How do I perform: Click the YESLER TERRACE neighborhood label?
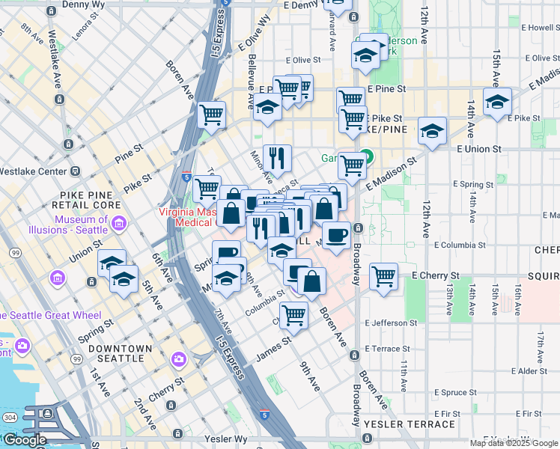(410, 424)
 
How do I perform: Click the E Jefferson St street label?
(391, 323)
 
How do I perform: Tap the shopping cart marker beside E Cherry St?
(383, 275)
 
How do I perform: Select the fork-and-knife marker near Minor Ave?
(277, 157)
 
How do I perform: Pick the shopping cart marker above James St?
(293, 315)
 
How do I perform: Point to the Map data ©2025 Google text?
(511, 443)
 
